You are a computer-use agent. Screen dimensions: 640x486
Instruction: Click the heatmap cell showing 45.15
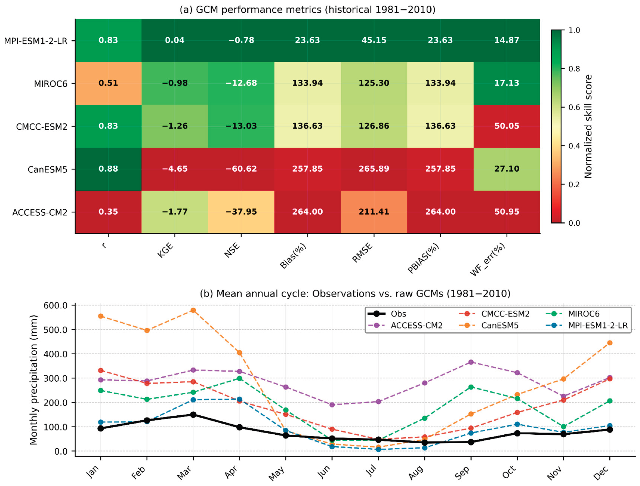374,40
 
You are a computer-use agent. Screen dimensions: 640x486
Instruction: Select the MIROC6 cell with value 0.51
108,83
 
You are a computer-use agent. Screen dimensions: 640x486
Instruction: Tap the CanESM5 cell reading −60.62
241,169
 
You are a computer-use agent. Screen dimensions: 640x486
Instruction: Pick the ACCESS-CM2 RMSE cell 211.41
374,212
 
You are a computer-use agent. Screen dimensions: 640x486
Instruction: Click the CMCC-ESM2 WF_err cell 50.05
507,126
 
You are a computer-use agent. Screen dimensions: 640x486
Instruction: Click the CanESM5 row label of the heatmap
47,169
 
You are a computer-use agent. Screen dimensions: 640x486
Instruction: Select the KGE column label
166,250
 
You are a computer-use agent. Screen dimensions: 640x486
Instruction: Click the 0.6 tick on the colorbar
574,107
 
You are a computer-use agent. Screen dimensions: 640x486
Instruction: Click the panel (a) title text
307,10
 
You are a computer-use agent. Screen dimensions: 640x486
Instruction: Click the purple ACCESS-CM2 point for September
471,362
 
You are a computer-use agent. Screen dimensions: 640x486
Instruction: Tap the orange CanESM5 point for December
610,343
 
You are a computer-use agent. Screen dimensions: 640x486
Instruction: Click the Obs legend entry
387,314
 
